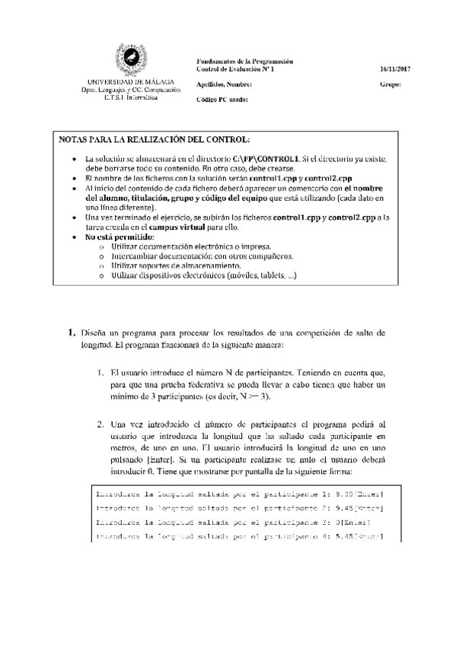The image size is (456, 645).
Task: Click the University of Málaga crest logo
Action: pos(130,60)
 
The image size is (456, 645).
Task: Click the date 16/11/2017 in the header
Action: pos(395,69)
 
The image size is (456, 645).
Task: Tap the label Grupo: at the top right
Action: pos(390,84)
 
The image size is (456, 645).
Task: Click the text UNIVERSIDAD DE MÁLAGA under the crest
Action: pos(129,81)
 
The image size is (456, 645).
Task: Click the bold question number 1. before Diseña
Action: pos(72,332)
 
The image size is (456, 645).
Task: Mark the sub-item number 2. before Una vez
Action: pos(100,424)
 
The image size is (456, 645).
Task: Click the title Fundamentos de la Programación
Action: pos(244,61)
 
